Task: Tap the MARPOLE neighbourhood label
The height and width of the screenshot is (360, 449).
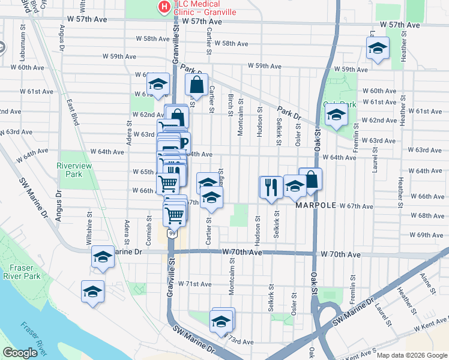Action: [316, 205]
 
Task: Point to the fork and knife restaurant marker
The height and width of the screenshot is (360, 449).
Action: [271, 187]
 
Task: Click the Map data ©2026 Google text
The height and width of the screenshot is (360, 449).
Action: [411, 355]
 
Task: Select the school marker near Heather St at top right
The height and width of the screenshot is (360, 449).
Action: [378, 49]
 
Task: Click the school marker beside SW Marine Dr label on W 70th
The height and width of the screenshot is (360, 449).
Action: [103, 259]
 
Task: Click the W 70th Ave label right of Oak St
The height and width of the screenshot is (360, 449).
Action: [340, 255]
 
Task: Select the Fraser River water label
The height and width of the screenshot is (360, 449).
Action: [33, 338]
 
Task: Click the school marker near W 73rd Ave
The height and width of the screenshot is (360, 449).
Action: [221, 322]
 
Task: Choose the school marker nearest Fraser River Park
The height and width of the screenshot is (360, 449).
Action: [92, 293]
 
